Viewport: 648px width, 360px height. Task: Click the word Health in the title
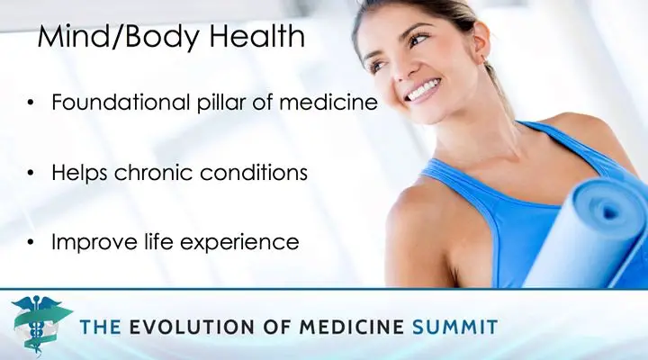coord(257,35)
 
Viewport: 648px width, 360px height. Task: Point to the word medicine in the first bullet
coord(328,102)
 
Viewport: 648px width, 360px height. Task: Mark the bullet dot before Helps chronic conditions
coord(31,173)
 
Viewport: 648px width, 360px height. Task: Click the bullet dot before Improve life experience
coord(31,243)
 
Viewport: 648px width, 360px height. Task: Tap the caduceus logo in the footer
coord(40,324)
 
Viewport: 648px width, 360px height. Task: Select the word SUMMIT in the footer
coord(455,327)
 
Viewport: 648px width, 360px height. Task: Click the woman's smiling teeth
coord(421,90)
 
